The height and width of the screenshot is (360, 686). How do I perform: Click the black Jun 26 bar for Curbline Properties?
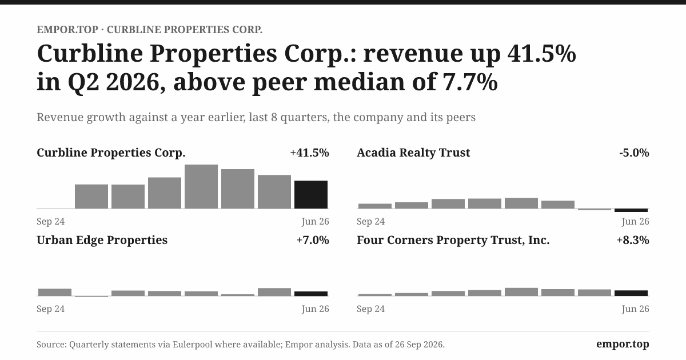311,194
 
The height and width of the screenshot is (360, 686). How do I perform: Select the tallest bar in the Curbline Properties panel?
201,186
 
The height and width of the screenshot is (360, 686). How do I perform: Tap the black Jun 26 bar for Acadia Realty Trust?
631,210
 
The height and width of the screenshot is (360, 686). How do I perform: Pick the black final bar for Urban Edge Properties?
311,294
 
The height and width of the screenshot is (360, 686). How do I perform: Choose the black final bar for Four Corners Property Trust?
631,293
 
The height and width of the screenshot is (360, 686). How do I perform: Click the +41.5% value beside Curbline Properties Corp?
309,153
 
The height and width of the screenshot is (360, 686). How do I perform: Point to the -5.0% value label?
634,153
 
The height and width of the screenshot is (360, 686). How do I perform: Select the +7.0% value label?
313,239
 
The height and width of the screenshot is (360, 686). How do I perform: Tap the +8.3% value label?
633,239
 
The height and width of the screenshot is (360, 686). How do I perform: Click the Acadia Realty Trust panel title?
413,153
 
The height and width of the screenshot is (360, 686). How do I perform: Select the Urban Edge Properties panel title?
102,240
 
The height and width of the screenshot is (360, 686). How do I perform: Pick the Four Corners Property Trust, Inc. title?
453,240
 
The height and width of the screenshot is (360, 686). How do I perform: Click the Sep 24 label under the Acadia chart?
370,221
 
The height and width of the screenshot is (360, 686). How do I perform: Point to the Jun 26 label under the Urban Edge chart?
315,309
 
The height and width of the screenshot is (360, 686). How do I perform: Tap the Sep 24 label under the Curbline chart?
50,221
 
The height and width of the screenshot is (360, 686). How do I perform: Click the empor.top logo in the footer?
623,344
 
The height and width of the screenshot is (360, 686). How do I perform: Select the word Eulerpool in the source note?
192,345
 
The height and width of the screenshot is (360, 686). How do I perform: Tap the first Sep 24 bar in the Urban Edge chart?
55,293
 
